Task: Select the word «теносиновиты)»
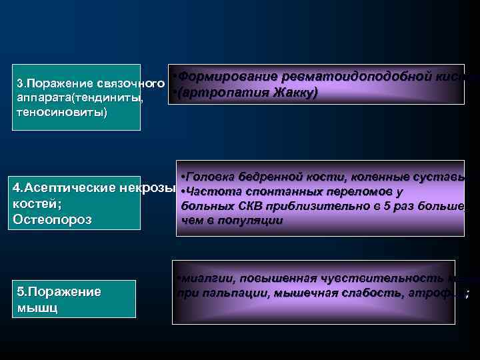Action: [x=51, y=112]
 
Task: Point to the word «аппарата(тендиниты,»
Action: [x=79, y=99]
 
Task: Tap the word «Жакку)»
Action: [x=294, y=91]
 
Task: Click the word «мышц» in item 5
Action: [x=37, y=308]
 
